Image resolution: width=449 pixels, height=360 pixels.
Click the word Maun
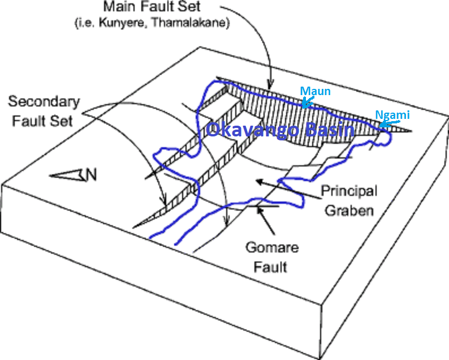315,91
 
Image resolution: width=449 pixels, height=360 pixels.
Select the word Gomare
266,247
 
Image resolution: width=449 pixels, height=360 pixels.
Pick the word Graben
349,211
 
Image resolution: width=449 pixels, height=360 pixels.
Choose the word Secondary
45,102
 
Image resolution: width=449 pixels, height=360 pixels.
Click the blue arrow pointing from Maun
306,102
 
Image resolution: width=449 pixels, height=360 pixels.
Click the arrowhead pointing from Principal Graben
257,182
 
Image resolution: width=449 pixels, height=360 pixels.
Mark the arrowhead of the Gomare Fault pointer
260,211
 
